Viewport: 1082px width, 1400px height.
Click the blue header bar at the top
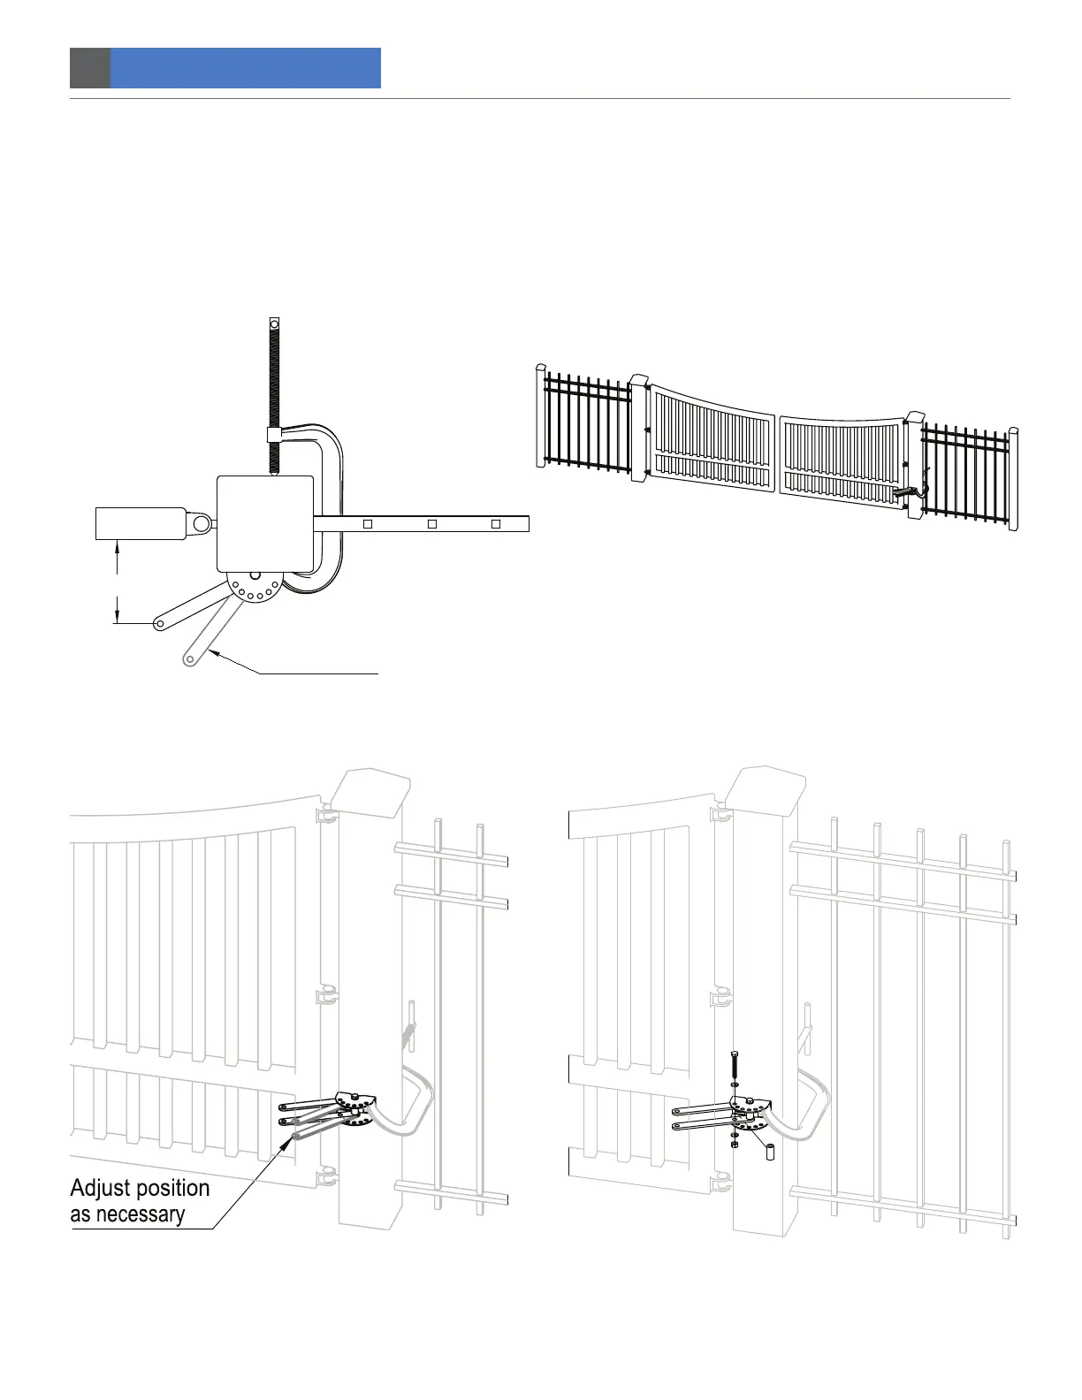245,68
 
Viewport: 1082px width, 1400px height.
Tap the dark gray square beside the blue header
90,68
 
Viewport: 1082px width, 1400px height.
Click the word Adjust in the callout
99,1189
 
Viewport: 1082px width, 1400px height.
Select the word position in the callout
171,1189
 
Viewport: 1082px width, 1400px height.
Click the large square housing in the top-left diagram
265,523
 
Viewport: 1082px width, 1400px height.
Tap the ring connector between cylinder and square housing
202,524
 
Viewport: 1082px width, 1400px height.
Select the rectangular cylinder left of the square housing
140,523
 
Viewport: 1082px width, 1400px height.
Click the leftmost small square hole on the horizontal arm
369,524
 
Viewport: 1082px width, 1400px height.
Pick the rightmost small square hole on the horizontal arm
496,524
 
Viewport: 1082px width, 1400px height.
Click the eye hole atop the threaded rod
274,323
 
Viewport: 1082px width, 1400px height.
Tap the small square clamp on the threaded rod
274,436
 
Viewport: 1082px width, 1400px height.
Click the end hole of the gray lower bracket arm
190,658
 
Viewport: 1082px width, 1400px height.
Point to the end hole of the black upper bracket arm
159,624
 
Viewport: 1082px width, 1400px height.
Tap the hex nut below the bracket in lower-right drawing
735,1144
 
